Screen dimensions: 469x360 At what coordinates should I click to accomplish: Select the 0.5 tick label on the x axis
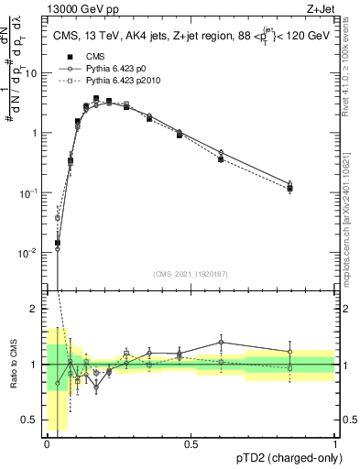click(x=191, y=443)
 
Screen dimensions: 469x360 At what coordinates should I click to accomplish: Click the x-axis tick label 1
click(x=335, y=443)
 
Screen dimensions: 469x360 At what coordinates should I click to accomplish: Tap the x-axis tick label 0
click(x=47, y=443)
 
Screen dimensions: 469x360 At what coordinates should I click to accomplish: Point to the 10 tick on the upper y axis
click(x=32, y=72)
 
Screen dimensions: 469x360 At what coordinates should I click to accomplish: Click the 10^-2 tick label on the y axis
click(x=30, y=252)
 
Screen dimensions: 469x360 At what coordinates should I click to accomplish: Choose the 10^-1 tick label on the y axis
click(x=30, y=192)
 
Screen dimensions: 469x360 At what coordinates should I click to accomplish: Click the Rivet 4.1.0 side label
click(x=349, y=78)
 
